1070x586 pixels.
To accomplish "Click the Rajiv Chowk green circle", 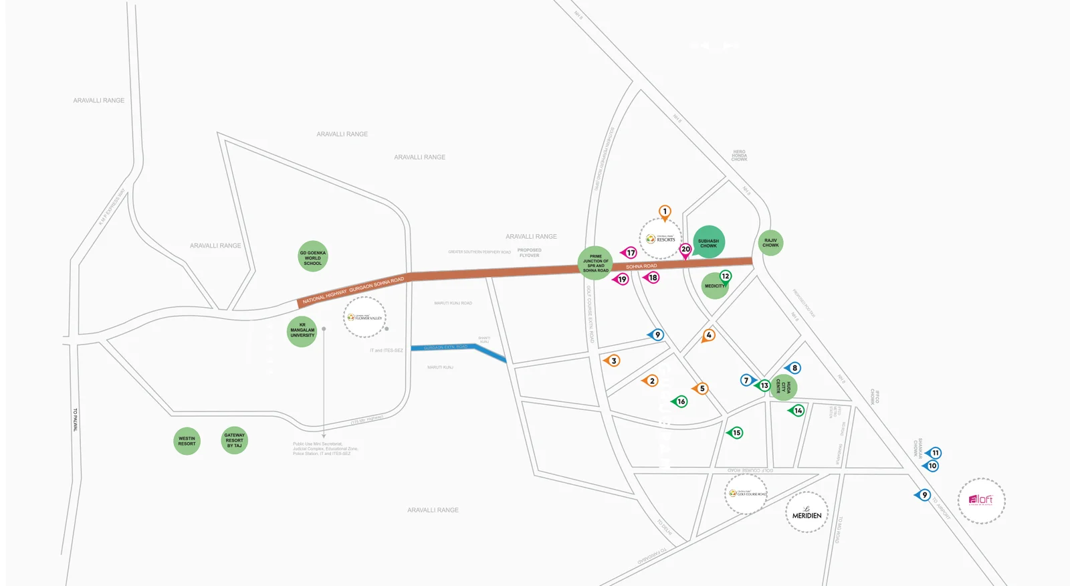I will click(x=770, y=242).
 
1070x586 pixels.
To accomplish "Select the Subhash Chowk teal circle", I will click(x=709, y=242).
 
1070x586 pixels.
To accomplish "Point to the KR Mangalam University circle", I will click(x=302, y=330).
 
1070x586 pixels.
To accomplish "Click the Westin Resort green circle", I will click(x=187, y=442).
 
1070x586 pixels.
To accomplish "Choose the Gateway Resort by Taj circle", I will click(x=235, y=440).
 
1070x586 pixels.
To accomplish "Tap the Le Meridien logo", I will click(x=807, y=513).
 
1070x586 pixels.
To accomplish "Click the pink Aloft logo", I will click(x=981, y=500).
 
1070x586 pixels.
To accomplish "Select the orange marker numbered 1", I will click(x=665, y=211).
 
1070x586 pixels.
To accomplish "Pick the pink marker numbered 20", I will click(x=685, y=250).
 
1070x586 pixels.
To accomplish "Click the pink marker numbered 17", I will click(x=630, y=253).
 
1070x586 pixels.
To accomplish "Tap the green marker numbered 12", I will click(x=726, y=276).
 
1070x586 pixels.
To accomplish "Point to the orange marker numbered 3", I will click(x=613, y=361).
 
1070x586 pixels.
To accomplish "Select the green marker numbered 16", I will click(x=681, y=401).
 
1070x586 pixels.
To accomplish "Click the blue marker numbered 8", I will click(x=794, y=368).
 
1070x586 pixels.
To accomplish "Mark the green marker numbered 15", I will click(x=736, y=433).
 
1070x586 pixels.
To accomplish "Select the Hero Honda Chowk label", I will click(x=739, y=155).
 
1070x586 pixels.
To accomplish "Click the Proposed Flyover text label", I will click(x=529, y=253).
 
